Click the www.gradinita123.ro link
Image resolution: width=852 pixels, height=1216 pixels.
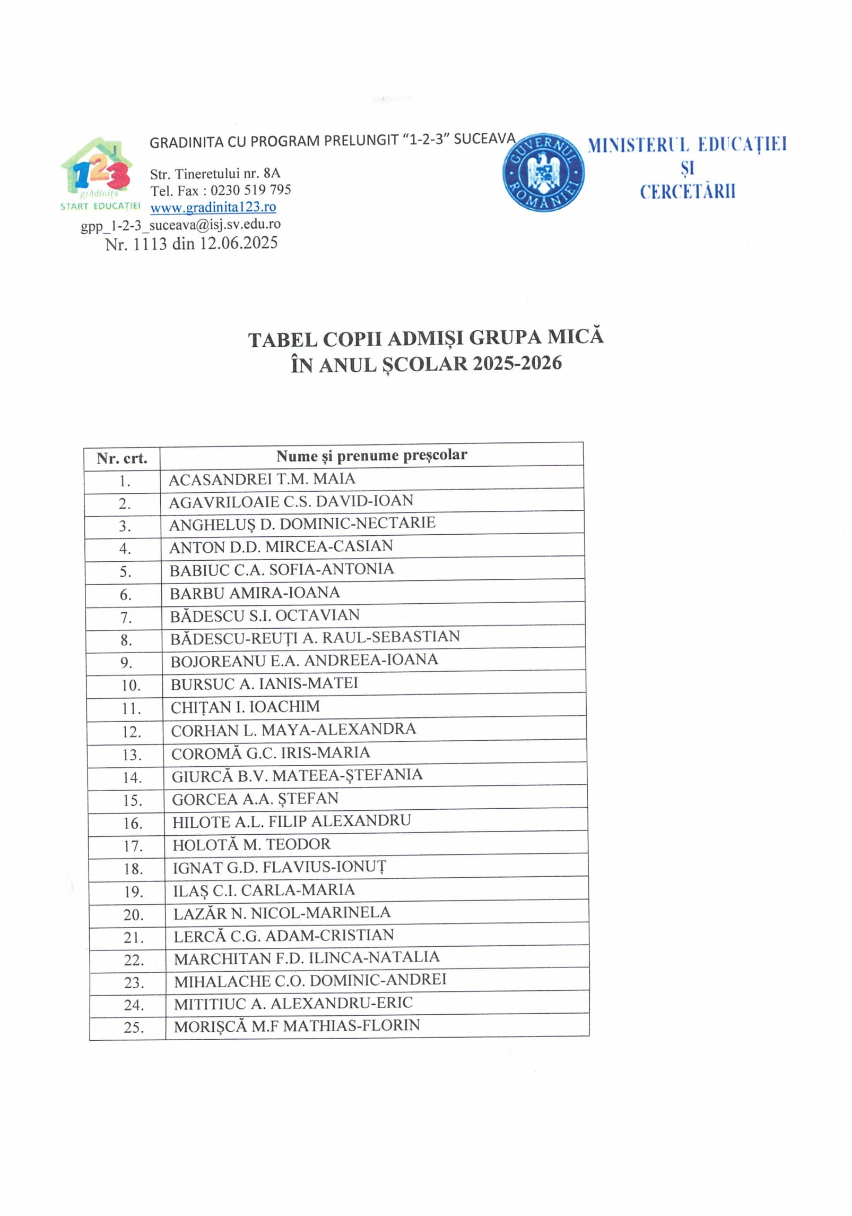213,207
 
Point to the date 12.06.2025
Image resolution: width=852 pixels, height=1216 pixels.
238,243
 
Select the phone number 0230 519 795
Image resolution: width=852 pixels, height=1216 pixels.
250,190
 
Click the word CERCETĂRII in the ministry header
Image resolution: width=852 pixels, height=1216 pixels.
688,192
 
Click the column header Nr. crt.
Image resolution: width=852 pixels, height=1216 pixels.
121,458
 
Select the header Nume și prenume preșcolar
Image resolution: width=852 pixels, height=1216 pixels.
371,455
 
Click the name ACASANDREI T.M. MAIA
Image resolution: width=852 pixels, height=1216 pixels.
262,479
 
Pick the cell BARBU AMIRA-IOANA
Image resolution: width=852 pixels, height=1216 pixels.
255,593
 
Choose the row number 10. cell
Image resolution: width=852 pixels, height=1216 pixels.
131,686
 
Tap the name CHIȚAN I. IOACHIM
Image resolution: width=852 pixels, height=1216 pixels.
245,707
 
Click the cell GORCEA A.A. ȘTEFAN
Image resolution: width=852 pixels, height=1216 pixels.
255,799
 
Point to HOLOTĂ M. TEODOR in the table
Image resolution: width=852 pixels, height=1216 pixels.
251,844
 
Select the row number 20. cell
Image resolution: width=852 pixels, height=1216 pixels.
133,914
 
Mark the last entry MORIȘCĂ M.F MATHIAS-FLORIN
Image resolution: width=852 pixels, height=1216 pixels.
297,1026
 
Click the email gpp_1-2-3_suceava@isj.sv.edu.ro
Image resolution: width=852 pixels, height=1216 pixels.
180,225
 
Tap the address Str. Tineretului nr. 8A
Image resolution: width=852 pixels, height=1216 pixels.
215,173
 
